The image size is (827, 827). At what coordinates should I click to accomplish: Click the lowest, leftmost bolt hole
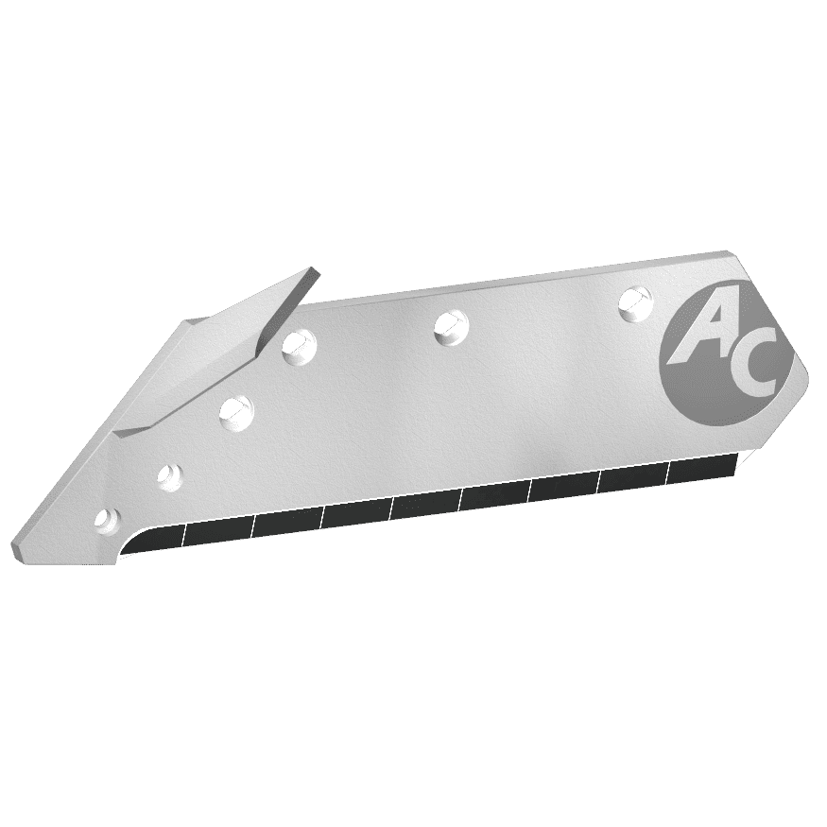(107, 520)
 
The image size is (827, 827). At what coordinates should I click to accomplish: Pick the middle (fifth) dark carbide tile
(425, 506)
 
